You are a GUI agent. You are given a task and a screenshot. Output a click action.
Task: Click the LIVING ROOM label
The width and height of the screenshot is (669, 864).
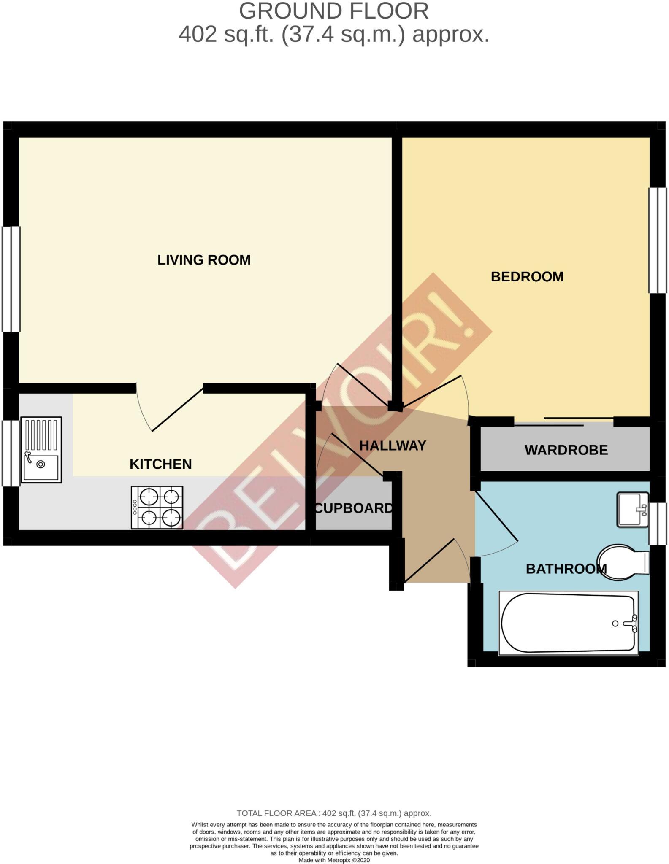(x=204, y=260)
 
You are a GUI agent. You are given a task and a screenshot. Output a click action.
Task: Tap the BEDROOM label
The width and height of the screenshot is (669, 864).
(x=527, y=277)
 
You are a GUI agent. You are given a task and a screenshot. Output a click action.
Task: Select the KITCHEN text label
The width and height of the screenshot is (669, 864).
(x=160, y=464)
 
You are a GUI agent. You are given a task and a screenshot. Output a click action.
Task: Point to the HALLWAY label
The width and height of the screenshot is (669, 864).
(x=393, y=445)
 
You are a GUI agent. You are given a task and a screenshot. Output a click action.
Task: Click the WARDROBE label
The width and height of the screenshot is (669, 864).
(x=566, y=450)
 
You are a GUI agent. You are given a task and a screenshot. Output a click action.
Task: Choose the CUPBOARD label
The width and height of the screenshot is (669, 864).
(x=354, y=508)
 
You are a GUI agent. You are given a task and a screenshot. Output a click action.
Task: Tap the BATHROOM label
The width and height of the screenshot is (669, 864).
(x=566, y=569)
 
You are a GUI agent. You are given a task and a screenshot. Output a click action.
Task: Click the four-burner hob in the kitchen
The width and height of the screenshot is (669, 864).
(x=157, y=508)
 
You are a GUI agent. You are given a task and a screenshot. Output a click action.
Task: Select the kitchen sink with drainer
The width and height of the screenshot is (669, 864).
(x=41, y=450)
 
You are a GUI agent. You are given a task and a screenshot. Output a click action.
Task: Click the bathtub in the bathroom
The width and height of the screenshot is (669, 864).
(x=568, y=623)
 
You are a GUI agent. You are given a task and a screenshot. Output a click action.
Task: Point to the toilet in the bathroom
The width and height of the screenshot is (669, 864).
(x=624, y=562)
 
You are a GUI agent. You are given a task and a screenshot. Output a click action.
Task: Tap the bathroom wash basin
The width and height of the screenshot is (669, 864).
(x=632, y=509)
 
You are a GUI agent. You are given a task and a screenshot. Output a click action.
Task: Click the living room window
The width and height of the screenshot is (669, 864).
(x=11, y=279)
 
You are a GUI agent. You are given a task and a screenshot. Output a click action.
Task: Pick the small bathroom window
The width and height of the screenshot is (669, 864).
(x=658, y=524)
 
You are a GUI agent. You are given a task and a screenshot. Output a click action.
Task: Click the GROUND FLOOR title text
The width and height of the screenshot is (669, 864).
(x=333, y=11)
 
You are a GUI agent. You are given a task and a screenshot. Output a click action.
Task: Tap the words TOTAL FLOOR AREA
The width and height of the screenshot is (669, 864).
(x=276, y=813)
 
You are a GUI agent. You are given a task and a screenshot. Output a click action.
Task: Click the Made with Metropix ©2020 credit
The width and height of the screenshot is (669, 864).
(x=334, y=860)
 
